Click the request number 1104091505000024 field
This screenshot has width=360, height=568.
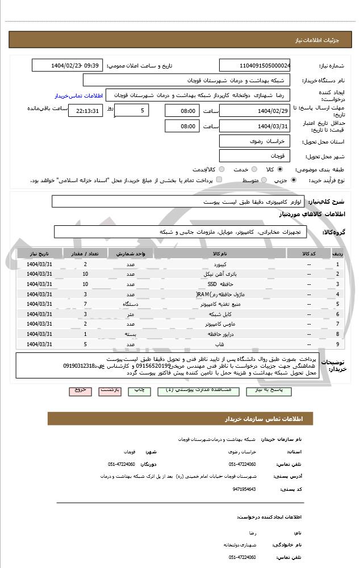[x=255, y=65]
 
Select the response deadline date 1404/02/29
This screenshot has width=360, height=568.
[x=255, y=111]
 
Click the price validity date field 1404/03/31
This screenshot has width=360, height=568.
[x=255, y=126]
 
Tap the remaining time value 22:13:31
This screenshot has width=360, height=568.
[x=85, y=111]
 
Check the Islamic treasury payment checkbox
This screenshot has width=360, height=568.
[x=219, y=180]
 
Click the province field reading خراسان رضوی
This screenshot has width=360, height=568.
[x=255, y=141]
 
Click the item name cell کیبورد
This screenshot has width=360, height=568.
[x=219, y=264]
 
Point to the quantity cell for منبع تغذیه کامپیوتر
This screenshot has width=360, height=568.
[x=85, y=304]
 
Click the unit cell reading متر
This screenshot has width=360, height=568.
[x=131, y=314]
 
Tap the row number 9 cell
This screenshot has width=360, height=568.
[x=338, y=344]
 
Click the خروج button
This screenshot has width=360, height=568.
[x=79, y=391]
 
